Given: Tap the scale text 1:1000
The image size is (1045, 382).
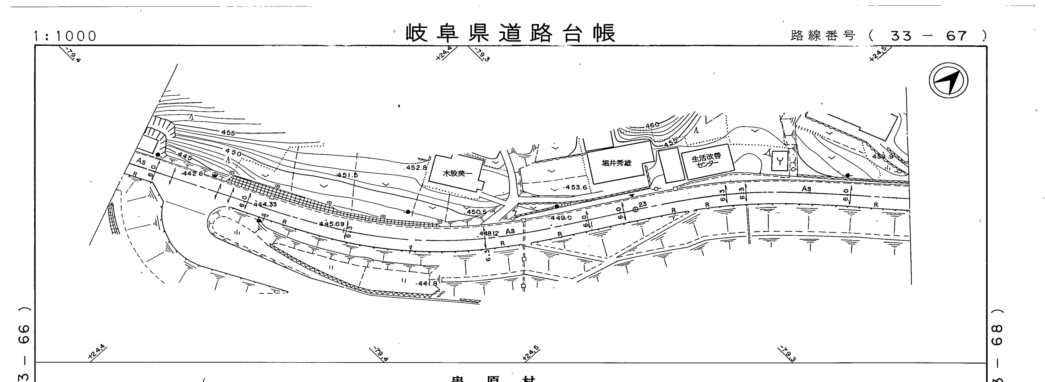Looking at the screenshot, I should click(x=65, y=36).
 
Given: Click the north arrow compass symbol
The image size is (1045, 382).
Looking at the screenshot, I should click(x=948, y=80).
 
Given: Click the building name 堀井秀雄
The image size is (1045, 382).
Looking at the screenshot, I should click(x=617, y=163).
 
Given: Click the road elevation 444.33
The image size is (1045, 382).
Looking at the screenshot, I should click(x=265, y=204).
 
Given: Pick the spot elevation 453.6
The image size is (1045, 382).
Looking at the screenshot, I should click(x=576, y=187).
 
